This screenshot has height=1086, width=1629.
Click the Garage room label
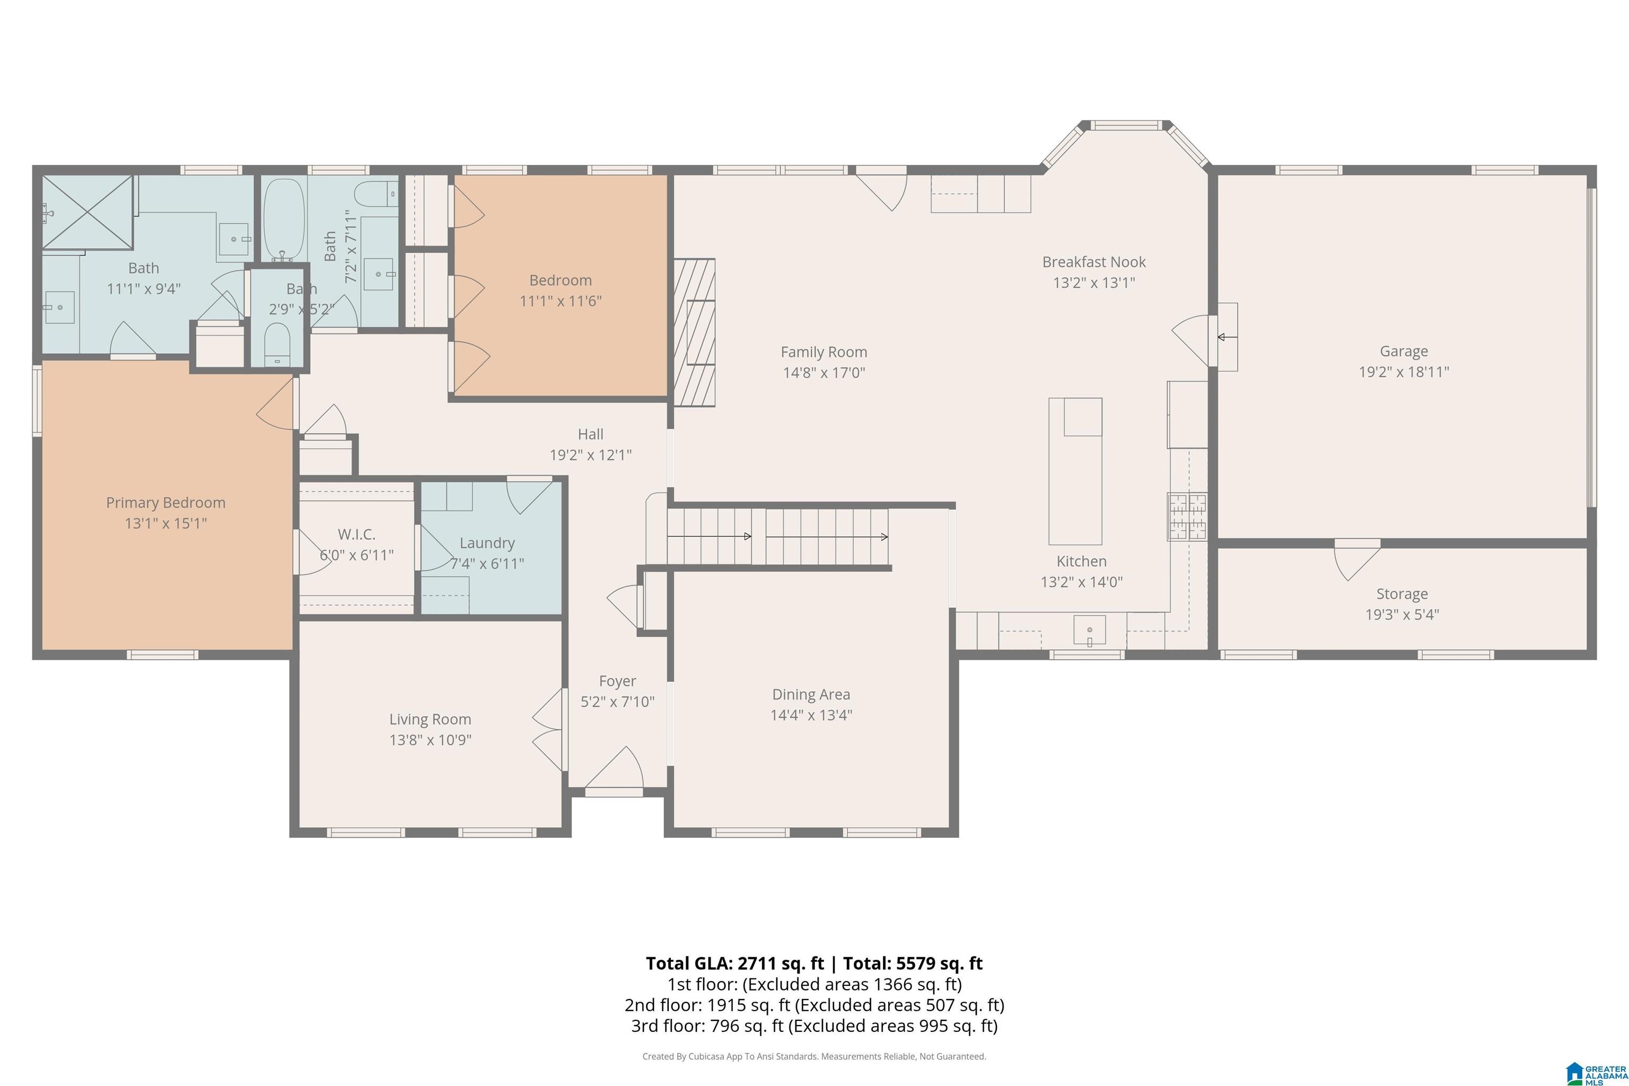pos(1403,351)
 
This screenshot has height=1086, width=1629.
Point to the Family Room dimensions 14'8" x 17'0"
pos(824,373)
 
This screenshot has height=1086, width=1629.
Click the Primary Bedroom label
pos(165,503)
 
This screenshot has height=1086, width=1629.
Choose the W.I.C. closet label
pos(357,535)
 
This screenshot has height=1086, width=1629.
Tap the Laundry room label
pos(487,544)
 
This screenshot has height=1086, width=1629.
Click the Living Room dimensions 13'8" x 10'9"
pos(430,740)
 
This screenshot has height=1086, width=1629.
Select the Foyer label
pos(617,681)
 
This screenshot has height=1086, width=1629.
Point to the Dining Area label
pos(811,695)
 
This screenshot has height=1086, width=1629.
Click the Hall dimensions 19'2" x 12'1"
pos(591,455)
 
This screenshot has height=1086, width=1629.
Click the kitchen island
pos(1075,471)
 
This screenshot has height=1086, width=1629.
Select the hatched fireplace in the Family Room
pos(694,332)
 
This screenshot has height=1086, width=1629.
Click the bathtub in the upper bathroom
pos(284,219)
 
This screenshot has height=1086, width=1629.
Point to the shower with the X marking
pos(87,211)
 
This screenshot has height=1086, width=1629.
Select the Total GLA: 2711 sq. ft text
pos(735,964)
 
